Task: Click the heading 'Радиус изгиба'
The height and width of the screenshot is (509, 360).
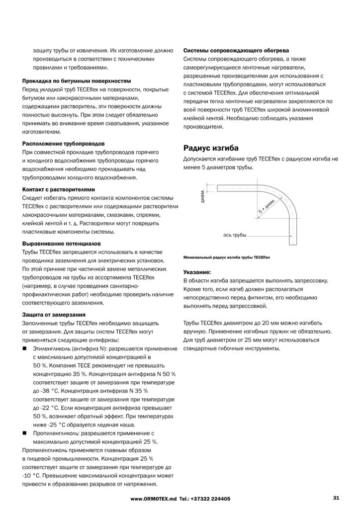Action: [211, 148]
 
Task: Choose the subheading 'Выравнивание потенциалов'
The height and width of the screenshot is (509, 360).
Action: [62, 244]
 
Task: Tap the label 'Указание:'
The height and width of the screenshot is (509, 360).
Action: [197, 272]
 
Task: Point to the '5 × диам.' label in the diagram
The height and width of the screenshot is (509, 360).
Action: [267, 205]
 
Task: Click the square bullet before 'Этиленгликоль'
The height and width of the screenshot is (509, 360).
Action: [25, 350]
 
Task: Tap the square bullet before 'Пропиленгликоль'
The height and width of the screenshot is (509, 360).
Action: [25, 433]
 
